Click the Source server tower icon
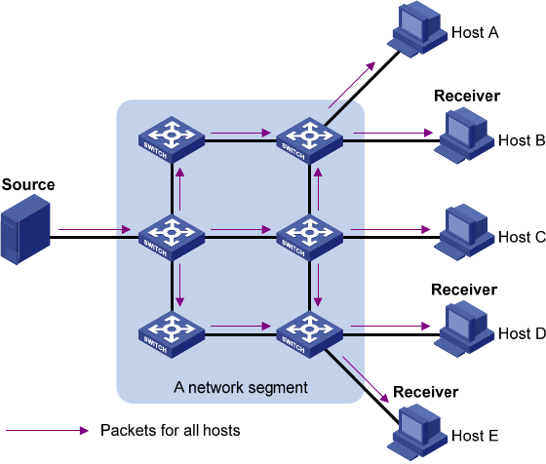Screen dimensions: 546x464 [x=25, y=230]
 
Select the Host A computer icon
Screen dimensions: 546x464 [x=417, y=29]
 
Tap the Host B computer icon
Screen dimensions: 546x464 [x=464, y=135]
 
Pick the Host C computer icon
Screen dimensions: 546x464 [x=464, y=232]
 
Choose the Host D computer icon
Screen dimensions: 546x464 [x=464, y=329]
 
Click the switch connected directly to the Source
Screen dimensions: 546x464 [x=172, y=238]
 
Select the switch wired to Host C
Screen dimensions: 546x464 [x=309, y=238]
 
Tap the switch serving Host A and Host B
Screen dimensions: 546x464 [x=309, y=140]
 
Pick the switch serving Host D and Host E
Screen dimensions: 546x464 [x=309, y=334]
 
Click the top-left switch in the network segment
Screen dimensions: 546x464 [x=172, y=140]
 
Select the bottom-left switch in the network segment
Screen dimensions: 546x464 [x=172, y=334]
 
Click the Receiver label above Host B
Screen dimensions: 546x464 [x=467, y=97]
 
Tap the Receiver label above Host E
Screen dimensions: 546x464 [x=425, y=392]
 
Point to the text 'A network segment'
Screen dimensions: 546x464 [x=241, y=387]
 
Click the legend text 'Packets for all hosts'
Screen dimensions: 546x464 [x=171, y=430]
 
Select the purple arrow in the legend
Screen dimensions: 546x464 [x=47, y=431]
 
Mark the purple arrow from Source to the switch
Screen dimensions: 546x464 [x=95, y=229]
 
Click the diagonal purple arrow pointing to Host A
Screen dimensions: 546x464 [x=352, y=85]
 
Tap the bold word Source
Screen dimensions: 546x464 [x=28, y=184]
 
